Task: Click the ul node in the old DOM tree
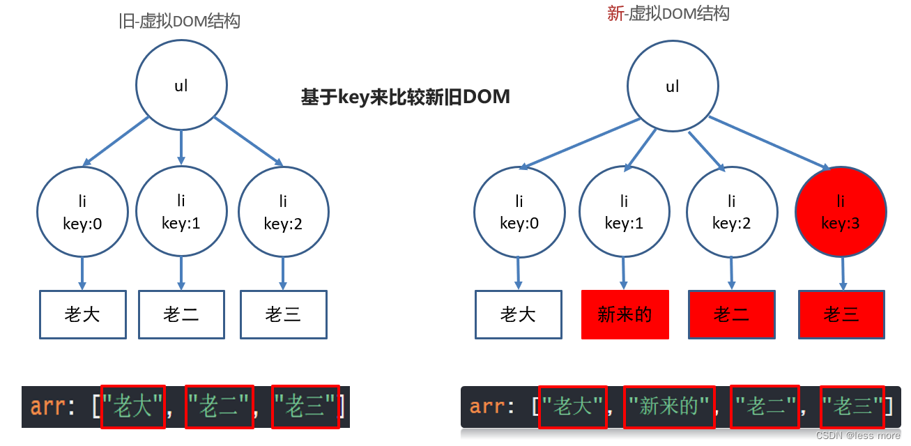[181, 86]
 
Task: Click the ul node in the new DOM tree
[673, 87]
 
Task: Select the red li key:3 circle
[841, 212]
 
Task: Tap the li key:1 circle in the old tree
[181, 211]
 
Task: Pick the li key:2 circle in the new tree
[731, 212]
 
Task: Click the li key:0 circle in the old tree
[82, 212]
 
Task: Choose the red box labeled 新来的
[625, 315]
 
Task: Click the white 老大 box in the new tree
[518, 315]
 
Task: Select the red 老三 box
[841, 315]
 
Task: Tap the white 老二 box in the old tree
[181, 315]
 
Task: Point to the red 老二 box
[731, 315]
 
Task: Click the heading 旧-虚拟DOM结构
[180, 21]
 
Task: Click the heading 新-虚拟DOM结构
[668, 13]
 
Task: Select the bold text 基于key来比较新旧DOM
[405, 97]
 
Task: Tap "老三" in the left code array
[305, 406]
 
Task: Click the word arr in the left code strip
[47, 406]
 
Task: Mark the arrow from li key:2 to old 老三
[282, 273]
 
